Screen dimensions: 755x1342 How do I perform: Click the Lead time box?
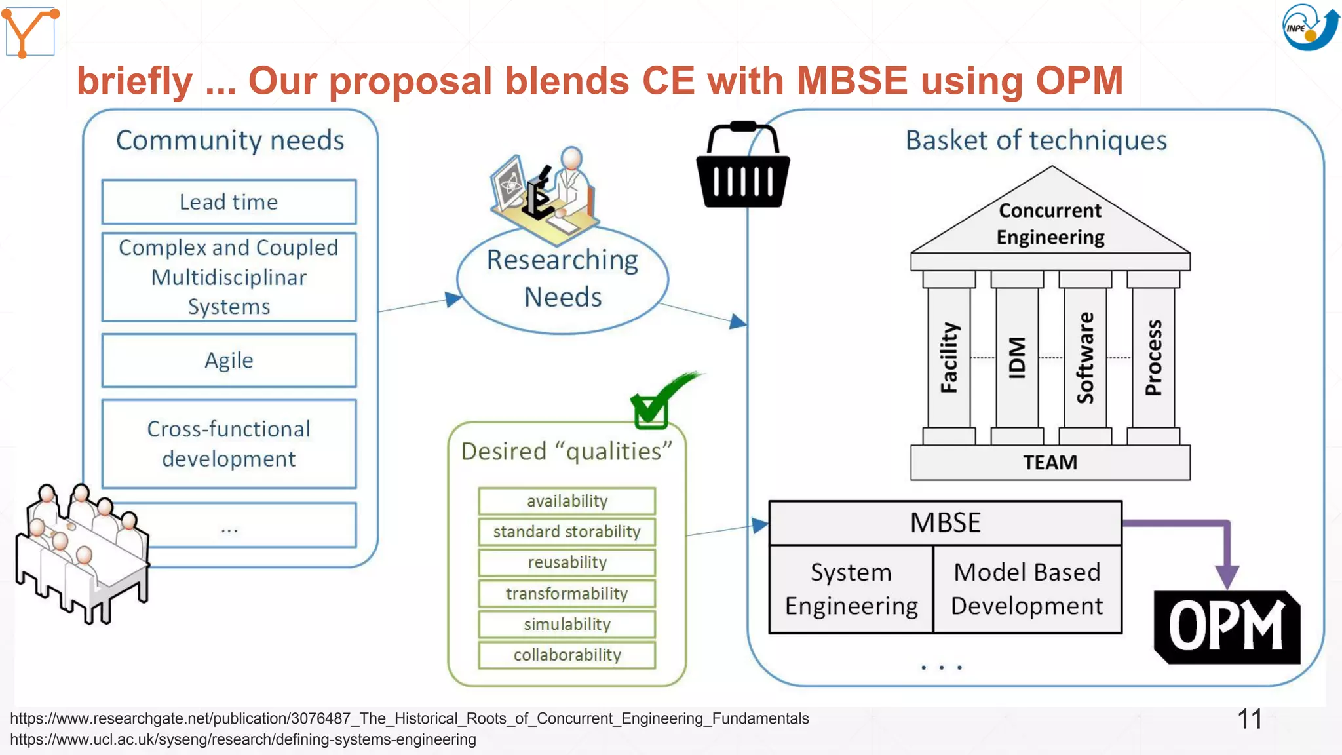tap(229, 202)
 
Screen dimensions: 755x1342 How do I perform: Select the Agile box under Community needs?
tap(229, 360)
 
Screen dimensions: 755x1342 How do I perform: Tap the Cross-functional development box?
tap(229, 444)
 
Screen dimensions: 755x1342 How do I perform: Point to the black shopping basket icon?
tap(742, 166)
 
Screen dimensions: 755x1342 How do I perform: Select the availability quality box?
tap(567, 501)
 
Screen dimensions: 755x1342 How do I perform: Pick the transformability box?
tap(567, 593)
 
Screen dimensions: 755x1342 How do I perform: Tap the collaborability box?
tap(567, 655)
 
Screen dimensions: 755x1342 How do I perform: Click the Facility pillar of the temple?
tap(949, 358)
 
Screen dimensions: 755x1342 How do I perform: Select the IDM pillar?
tap(1016, 358)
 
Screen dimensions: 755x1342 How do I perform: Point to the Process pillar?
tap(1153, 358)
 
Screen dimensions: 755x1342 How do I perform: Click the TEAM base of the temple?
tap(1050, 463)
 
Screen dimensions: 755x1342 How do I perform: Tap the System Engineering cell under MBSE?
tap(851, 589)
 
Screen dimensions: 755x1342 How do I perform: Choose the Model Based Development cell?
tap(1027, 589)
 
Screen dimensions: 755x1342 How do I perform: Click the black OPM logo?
tap(1227, 627)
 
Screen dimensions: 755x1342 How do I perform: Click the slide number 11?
tap(1249, 719)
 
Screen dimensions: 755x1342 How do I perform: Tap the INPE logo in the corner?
tap(1309, 28)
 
